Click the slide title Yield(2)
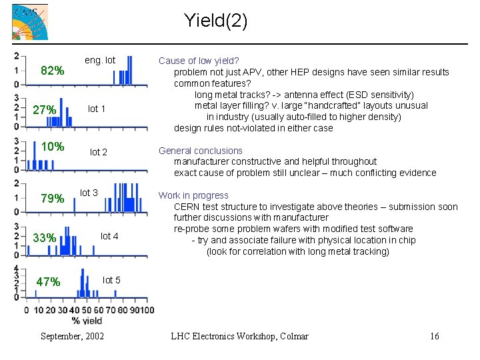coord(215,21)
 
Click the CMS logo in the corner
coord(30,22)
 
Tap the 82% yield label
coord(53,71)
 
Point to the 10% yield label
coord(53,147)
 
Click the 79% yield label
coord(53,199)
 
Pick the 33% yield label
coord(44,238)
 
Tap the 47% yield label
coord(48,282)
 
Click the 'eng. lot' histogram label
coord(100,61)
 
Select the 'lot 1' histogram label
coord(97,109)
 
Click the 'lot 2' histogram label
coord(99,152)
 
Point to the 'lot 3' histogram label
coord(89,193)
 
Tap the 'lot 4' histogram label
coord(109,236)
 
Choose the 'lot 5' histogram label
coord(111,280)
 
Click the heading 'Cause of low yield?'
coord(199,61)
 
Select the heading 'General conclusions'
coord(200,151)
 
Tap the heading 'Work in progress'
coord(193,195)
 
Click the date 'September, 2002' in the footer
coord(72,336)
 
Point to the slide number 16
coord(434,336)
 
